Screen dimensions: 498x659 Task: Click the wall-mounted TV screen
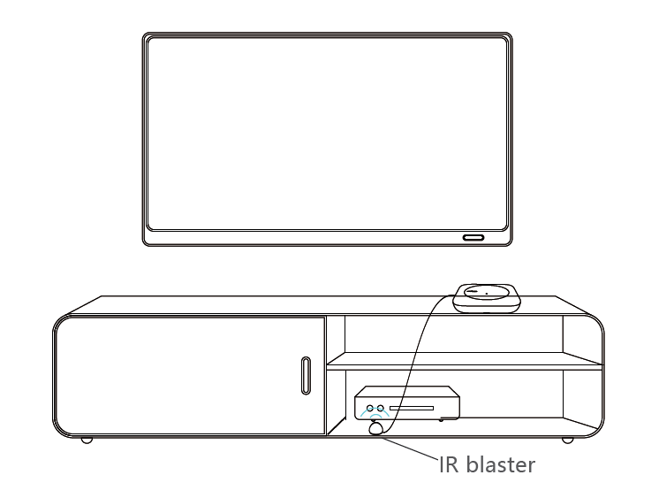click(327, 137)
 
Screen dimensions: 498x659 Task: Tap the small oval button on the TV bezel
click(471, 238)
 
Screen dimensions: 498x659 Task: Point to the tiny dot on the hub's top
click(487, 294)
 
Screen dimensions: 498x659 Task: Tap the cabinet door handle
click(305, 375)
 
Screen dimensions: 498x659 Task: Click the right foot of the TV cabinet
click(566, 440)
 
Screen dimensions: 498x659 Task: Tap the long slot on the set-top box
click(412, 410)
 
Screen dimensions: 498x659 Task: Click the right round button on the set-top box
click(382, 409)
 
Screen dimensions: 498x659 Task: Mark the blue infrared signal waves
click(376, 416)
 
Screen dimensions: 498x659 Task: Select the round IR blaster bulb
click(376, 429)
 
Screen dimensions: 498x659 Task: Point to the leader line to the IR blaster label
click(411, 447)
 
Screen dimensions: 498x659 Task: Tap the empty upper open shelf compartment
click(451, 334)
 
